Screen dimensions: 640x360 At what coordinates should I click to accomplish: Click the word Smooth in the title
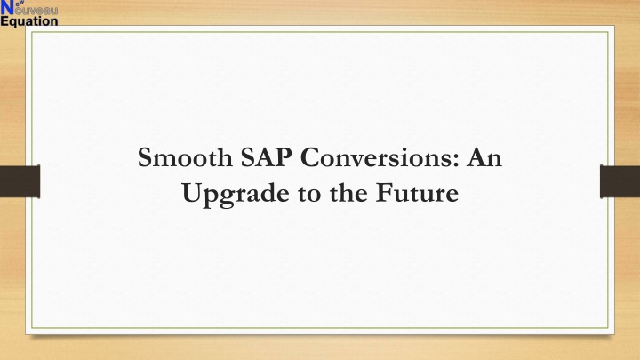click(x=185, y=157)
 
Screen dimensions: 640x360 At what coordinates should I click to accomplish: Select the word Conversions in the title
click(x=376, y=157)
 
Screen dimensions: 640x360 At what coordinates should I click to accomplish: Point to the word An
click(x=484, y=157)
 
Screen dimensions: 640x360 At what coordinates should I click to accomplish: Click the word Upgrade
click(x=236, y=194)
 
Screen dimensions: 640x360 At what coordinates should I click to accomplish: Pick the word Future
click(x=417, y=193)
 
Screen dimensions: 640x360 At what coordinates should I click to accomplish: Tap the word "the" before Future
click(x=348, y=193)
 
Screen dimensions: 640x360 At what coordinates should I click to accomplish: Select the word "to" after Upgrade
click(x=310, y=194)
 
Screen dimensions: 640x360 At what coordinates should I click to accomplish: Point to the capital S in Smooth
click(x=145, y=157)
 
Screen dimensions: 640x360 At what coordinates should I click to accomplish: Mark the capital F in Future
click(x=384, y=193)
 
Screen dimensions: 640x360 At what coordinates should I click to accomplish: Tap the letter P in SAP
click(x=284, y=157)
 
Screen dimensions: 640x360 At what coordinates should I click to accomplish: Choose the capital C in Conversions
click(x=309, y=157)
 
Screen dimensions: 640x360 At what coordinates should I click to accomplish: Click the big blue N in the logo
click(x=7, y=8)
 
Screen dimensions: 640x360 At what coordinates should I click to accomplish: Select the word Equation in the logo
click(x=29, y=21)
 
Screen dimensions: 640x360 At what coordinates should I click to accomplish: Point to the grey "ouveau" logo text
click(x=36, y=10)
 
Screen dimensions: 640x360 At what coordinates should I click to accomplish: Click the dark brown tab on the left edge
click(x=20, y=181)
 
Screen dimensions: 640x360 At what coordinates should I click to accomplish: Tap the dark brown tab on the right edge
click(x=620, y=181)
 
